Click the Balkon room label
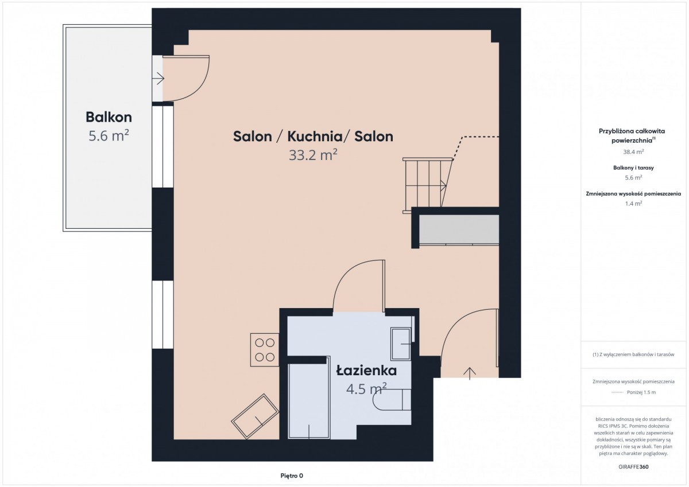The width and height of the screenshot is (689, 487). [x=109, y=117]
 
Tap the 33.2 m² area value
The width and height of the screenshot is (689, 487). [x=313, y=155]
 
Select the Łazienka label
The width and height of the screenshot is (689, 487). [x=366, y=371]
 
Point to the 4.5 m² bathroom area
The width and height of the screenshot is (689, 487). [x=366, y=389]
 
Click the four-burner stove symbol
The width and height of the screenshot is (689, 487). [x=265, y=350]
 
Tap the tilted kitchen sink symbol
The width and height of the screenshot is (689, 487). [x=255, y=416]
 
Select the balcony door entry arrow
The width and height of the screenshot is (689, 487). [x=158, y=79]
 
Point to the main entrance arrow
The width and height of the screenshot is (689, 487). [x=470, y=373]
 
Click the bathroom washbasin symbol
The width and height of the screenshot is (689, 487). [x=401, y=344]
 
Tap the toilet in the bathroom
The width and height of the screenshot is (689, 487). [x=392, y=400]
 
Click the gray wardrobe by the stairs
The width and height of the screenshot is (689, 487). [x=459, y=230]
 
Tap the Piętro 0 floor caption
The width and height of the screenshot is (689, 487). [x=292, y=476]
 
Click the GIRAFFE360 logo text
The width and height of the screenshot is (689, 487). [x=634, y=467]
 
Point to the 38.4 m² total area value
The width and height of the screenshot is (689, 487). [x=634, y=152]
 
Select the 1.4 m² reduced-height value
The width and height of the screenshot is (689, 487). [x=634, y=204]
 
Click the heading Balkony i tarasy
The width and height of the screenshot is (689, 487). [x=634, y=167]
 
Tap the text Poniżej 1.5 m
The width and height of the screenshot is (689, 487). [x=641, y=392]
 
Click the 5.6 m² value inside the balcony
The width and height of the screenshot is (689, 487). [x=109, y=135]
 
